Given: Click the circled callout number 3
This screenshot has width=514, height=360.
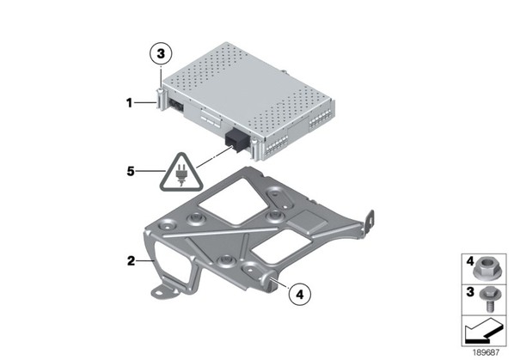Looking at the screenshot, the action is [161, 54].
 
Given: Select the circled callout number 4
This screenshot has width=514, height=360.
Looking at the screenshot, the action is [300, 295].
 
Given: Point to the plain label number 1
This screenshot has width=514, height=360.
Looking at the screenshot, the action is [130, 103].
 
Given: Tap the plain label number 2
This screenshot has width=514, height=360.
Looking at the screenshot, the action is [131, 261].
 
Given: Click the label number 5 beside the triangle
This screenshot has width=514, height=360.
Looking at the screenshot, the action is [131, 171].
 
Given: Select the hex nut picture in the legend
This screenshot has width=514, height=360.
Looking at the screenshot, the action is [485, 271].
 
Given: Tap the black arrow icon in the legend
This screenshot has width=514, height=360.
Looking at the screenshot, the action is [483, 331].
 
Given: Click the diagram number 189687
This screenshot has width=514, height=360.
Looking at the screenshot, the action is [486, 352].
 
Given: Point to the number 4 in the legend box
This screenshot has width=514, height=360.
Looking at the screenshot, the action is [470, 261].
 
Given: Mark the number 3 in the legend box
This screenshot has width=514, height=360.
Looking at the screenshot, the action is [470, 291].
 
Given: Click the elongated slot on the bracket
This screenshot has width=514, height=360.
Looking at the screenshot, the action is [279, 198].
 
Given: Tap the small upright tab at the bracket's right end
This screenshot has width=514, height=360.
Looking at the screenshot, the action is [369, 222].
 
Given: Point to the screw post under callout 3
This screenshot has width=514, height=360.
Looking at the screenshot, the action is [160, 99].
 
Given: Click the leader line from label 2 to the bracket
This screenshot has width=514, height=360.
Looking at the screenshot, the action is [145, 261].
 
